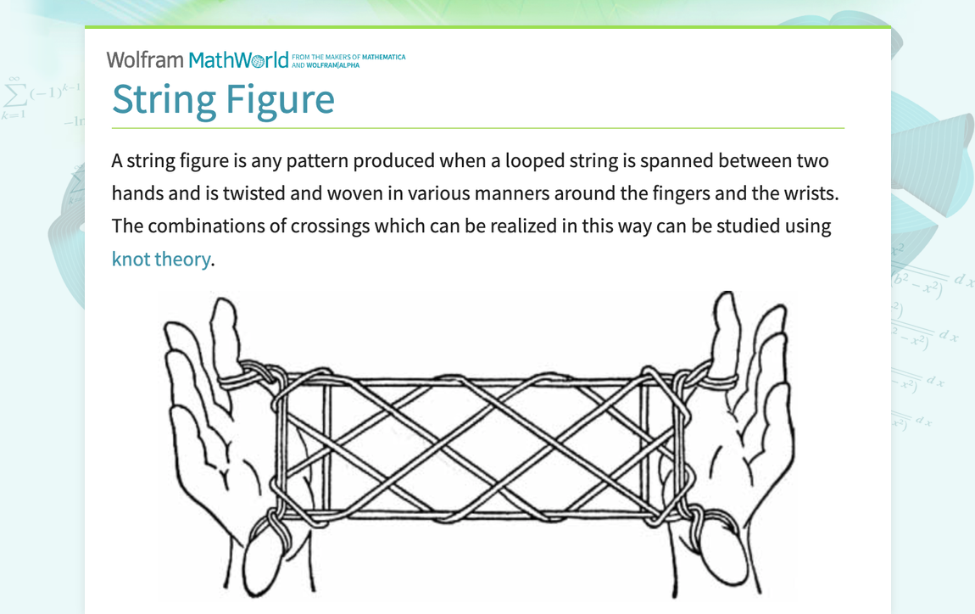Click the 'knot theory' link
(160, 259)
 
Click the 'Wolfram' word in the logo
(145, 59)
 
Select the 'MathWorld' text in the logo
(238, 59)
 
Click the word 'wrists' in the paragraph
(805, 193)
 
